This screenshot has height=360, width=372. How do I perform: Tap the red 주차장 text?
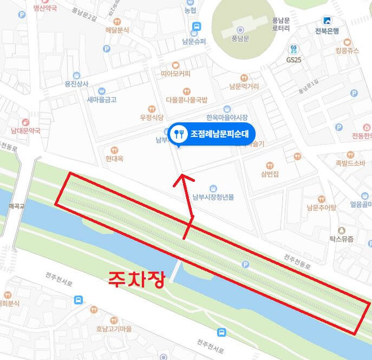click(136, 280)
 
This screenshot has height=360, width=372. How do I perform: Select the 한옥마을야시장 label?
click(226, 117)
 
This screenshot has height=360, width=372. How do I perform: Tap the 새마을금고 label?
click(102, 100)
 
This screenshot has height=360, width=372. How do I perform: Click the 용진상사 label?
click(76, 84)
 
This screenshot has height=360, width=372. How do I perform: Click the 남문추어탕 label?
click(321, 207)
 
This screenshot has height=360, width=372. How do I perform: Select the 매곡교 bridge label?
click(14, 206)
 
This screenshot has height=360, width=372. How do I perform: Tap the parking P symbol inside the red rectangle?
click(245, 264)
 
